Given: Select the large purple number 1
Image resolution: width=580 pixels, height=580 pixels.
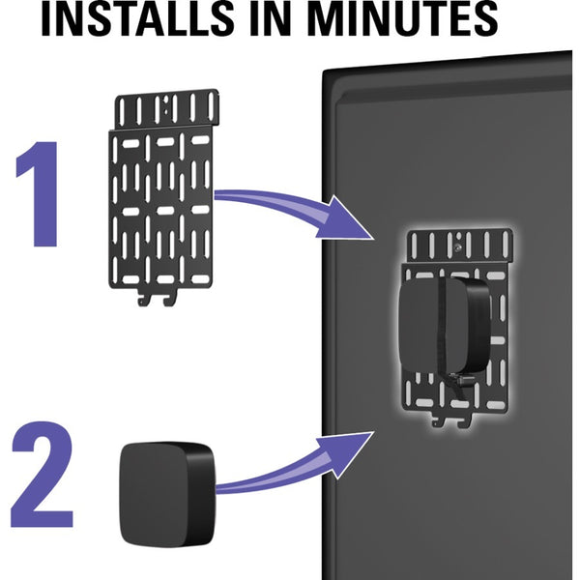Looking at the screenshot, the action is pos(40,194).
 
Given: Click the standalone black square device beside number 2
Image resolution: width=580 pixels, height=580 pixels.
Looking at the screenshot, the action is pos(167,495).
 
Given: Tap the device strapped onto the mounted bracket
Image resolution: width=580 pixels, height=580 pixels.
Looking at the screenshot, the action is pos(444,325).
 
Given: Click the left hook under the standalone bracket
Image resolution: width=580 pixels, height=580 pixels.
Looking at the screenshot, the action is pos(142,298).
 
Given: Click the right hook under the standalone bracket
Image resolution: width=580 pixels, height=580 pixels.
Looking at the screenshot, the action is pos(169,298).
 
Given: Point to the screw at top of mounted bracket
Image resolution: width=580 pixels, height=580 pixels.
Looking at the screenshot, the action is pos(458,247).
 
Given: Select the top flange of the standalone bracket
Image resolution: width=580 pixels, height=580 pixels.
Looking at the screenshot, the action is pos(167,109).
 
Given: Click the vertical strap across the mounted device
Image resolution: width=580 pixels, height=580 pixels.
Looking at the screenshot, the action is pos(443,326).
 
